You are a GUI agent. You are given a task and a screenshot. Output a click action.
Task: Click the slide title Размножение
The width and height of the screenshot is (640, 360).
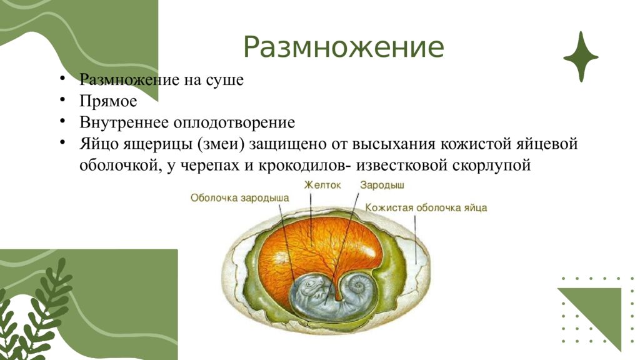click(x=343, y=48)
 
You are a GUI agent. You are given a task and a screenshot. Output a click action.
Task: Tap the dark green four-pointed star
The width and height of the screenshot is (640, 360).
click(x=581, y=57)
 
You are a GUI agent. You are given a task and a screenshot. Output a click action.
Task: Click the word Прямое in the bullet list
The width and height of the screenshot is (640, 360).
click(x=108, y=101)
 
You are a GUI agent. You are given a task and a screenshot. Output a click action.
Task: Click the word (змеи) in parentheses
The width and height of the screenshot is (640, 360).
click(x=222, y=144)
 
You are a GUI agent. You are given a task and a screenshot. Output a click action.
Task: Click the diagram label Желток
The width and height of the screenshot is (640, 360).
click(x=322, y=185)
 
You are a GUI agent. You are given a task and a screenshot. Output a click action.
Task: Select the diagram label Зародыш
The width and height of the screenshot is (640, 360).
click(x=382, y=185)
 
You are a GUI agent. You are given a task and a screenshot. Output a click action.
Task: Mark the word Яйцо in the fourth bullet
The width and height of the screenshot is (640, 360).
click(x=96, y=144)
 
